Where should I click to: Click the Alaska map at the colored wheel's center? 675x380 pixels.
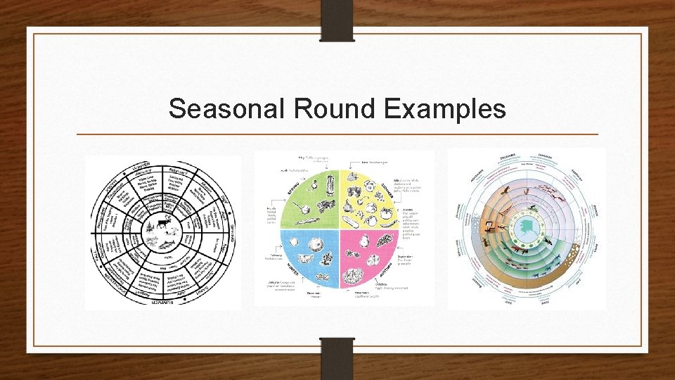527,229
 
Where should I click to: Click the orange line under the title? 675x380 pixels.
337,134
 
